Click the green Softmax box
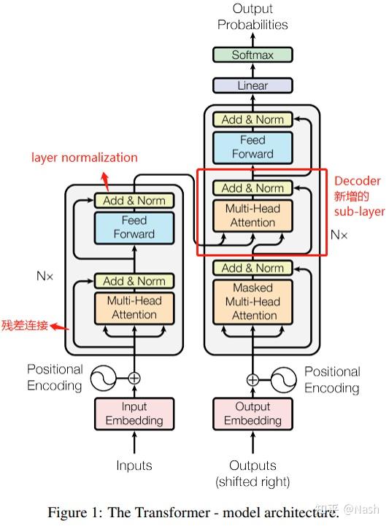253,55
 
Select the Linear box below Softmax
253,85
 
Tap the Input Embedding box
134,414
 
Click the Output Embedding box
253,414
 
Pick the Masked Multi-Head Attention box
253,301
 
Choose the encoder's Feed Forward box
134,227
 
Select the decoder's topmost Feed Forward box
253,147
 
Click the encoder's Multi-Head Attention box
134,307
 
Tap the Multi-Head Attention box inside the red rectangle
253,215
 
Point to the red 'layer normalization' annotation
84,158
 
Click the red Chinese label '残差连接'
24,325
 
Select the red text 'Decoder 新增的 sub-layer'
358,196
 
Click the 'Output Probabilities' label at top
253,17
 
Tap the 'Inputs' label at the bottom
134,465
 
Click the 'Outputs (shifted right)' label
253,473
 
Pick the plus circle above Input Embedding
134,378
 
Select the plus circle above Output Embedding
253,379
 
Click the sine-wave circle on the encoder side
104,378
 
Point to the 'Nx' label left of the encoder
45,276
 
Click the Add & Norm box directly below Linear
253,120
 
